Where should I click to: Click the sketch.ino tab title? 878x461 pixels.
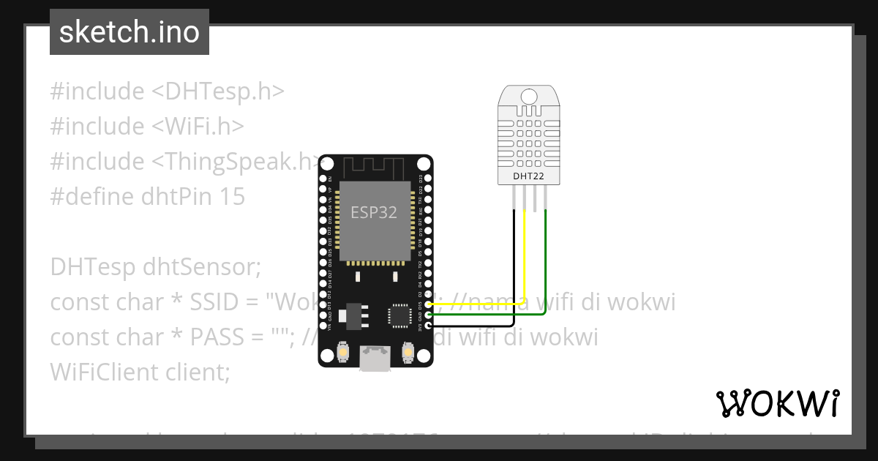[x=129, y=32]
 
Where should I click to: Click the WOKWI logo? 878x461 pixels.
[x=777, y=403]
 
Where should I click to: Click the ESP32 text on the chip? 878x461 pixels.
[x=374, y=213]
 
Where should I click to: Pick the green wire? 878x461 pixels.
[x=546, y=263]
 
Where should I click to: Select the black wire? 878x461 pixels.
[x=514, y=271]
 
